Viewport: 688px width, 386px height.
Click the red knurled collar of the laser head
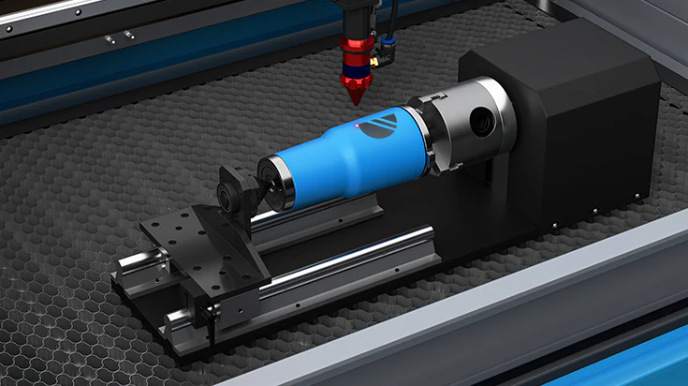click(x=358, y=47)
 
